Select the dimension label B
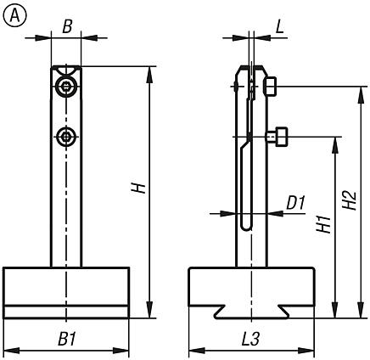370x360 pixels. point(66,25)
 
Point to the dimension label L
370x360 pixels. point(279,26)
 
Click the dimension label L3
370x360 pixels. point(250,338)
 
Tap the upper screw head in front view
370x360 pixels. point(66,87)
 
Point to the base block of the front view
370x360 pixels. point(66,291)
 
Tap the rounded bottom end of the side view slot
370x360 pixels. point(246,225)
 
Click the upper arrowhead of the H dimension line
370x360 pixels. point(149,70)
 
